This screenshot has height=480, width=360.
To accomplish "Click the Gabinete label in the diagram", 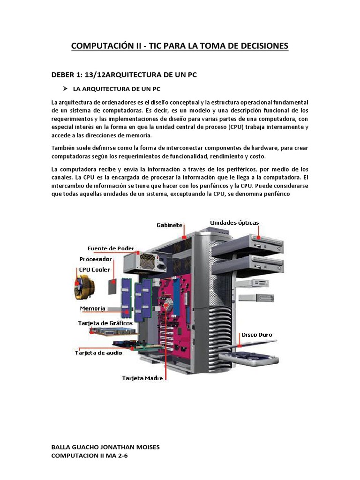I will tap(169, 225).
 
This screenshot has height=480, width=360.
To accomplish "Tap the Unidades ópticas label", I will tap(234, 223).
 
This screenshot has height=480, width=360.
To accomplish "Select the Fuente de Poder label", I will tap(111, 248).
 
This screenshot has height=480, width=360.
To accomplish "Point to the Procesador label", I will tap(96, 259).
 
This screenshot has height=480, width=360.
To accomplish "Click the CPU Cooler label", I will tap(94, 270).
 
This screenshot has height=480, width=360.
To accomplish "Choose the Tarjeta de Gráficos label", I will tap(104, 323).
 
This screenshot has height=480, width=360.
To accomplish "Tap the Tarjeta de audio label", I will tap(98, 352).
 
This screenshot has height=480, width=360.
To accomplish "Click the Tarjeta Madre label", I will tap(142, 377).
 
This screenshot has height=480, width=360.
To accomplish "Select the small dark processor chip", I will tap(113, 285).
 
